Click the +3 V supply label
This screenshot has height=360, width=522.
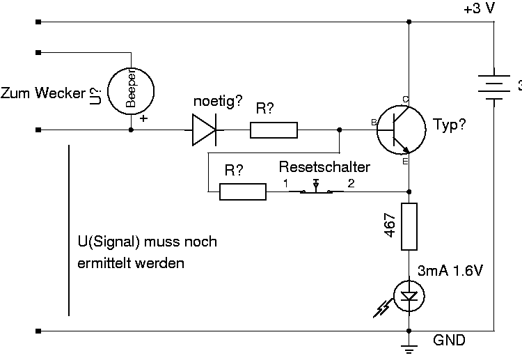479,8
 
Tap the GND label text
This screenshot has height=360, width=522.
449,340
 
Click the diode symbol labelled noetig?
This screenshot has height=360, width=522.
205,130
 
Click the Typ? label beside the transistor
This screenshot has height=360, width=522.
450,124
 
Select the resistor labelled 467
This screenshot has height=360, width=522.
409,226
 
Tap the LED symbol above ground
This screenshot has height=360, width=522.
409,296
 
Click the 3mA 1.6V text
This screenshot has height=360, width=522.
450,271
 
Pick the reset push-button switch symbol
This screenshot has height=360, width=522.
316,189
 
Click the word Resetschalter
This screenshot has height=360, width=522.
324,167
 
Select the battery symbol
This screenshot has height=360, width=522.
493,87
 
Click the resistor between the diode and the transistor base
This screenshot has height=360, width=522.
274,130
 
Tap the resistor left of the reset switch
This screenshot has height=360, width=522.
243,191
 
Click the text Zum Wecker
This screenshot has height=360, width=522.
43,93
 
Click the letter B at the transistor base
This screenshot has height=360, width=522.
374,123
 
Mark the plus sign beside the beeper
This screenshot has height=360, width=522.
143,118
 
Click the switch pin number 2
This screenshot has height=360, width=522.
351,183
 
